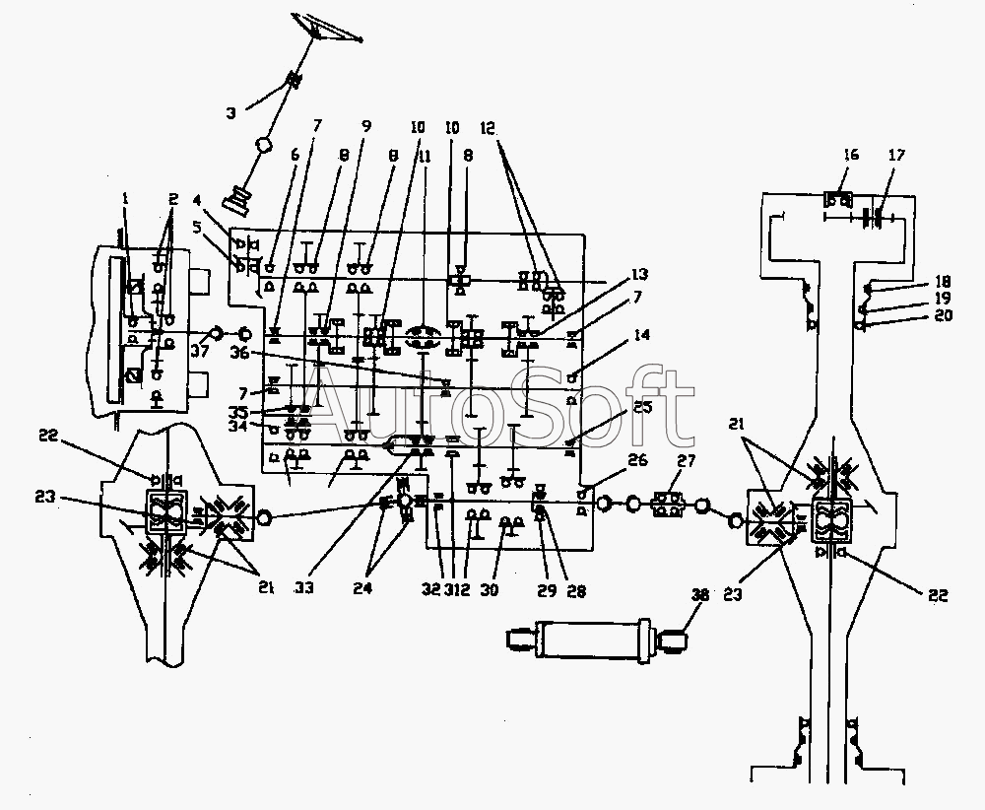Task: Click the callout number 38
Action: [x=700, y=595]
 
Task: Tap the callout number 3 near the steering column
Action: [x=230, y=113]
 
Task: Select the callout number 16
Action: [x=852, y=155]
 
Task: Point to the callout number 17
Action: [x=896, y=155]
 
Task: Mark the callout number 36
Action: [x=239, y=353]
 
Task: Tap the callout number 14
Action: [x=642, y=336]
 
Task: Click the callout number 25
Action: [x=642, y=406]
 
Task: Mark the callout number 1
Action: [x=125, y=198]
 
